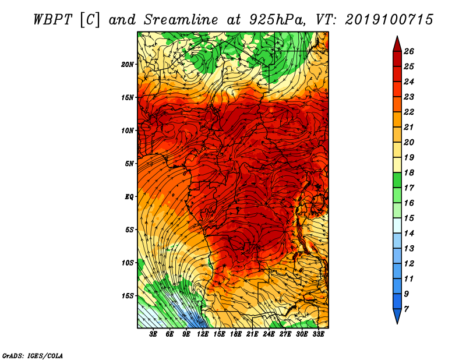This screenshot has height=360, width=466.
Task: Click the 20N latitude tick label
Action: point(128,65)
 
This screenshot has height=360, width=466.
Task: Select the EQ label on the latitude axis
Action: point(129,197)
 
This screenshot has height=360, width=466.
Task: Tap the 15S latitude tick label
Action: point(128,296)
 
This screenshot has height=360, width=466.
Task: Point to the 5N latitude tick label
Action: point(129,164)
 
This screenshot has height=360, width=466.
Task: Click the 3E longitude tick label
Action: point(153,334)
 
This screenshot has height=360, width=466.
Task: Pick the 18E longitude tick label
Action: point(236,334)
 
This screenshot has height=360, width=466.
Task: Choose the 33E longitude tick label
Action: point(318,334)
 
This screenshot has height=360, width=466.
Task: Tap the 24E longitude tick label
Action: point(269,334)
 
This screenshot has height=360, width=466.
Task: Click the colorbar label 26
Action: point(409,51)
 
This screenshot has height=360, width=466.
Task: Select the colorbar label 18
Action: point(409,172)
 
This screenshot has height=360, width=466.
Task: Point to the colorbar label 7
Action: point(406,309)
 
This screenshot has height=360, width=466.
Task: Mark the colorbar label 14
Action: point(409,234)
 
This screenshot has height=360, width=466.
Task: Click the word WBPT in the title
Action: point(53,20)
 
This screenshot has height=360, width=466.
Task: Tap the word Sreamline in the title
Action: point(181,20)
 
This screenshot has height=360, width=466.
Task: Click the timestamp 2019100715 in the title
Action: point(389,20)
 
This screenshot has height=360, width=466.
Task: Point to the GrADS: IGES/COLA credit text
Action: point(33,356)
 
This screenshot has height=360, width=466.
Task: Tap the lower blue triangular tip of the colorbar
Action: point(397,323)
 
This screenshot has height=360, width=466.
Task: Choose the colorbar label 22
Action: point(409,112)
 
